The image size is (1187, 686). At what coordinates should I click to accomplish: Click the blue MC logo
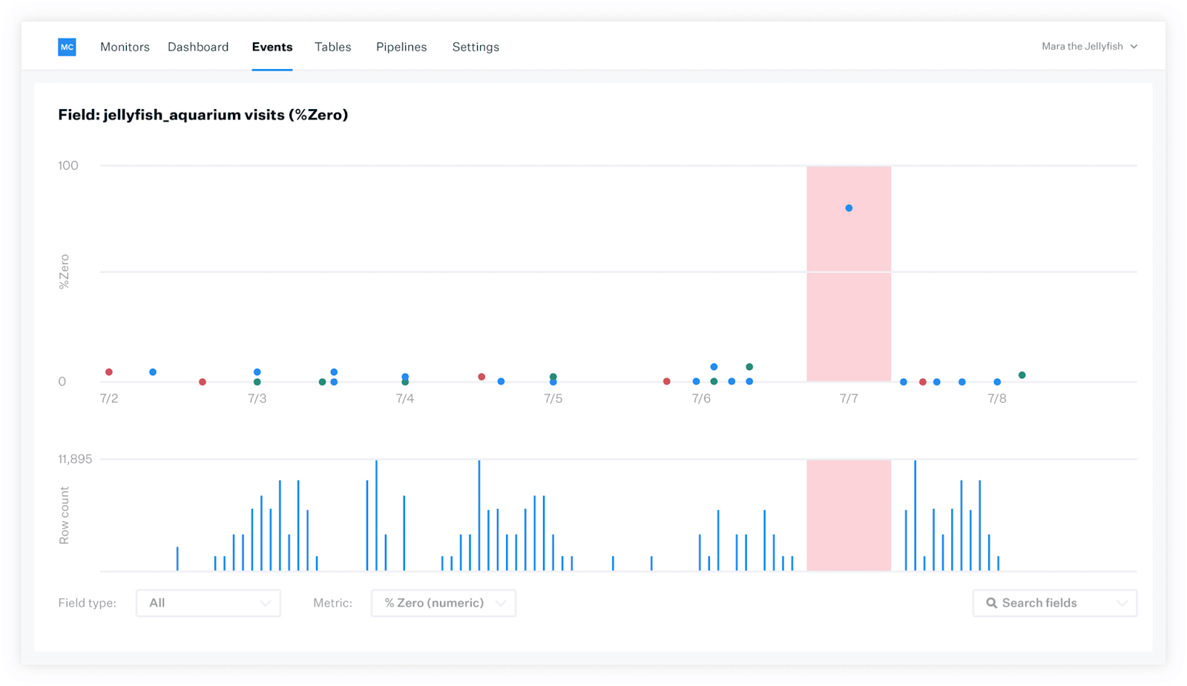(67, 47)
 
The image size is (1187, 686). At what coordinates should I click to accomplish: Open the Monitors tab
(125, 47)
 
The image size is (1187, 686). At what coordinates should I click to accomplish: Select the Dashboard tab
(198, 47)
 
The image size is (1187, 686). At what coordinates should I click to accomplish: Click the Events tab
(272, 47)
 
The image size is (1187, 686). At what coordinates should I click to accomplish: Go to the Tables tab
(333, 47)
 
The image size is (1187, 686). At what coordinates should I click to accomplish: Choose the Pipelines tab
(401, 47)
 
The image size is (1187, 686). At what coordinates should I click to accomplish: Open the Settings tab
(476, 47)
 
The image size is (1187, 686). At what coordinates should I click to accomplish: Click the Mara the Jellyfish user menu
(1090, 47)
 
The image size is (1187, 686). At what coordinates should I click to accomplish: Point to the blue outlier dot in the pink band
(849, 208)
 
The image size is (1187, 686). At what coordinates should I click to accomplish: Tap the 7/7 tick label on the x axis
(849, 398)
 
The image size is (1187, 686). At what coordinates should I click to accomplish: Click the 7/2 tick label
(109, 398)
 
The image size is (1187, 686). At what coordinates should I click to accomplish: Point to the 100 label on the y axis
(68, 166)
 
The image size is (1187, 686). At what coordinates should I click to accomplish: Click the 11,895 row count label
(75, 459)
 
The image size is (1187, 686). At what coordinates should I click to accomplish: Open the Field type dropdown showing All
(208, 603)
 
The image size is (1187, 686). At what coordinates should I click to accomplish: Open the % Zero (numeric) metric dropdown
(444, 603)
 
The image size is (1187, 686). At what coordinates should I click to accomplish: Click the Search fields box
(1054, 603)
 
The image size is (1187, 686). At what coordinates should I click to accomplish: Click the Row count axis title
(64, 515)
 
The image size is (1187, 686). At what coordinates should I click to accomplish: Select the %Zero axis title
(64, 271)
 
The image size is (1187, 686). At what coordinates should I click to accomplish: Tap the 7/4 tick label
(405, 398)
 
